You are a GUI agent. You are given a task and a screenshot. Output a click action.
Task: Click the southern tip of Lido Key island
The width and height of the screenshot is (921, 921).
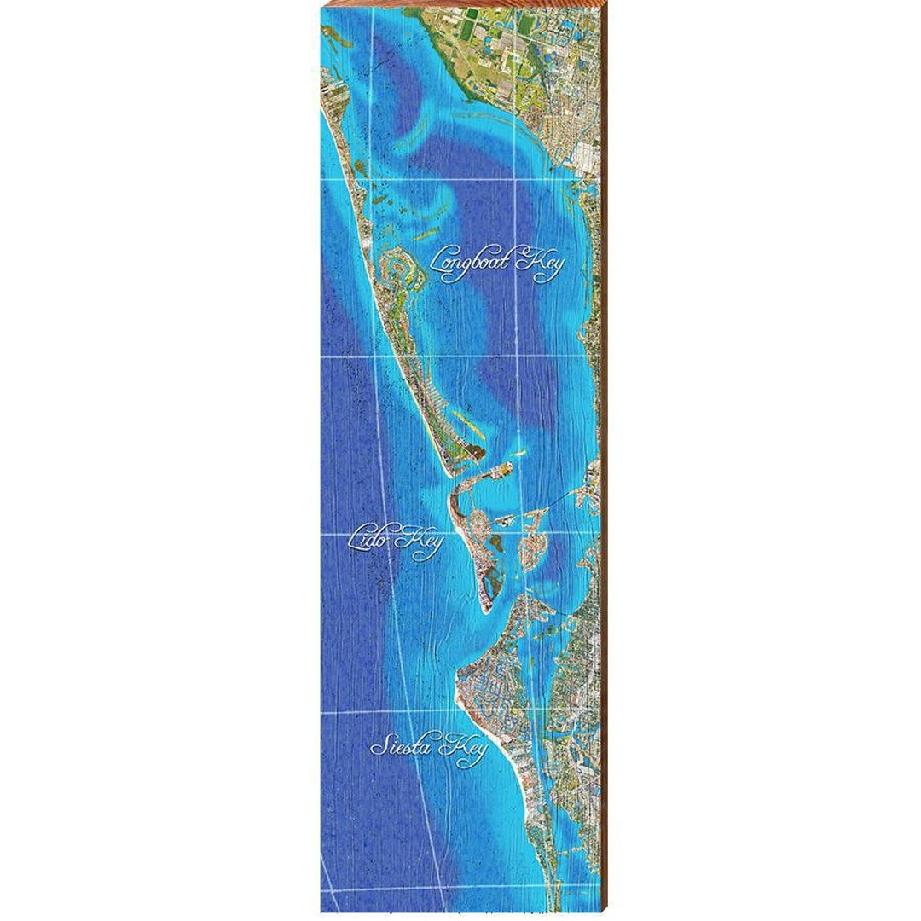484,610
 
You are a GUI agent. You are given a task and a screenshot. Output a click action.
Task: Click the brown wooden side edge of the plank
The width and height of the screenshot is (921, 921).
605,460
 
